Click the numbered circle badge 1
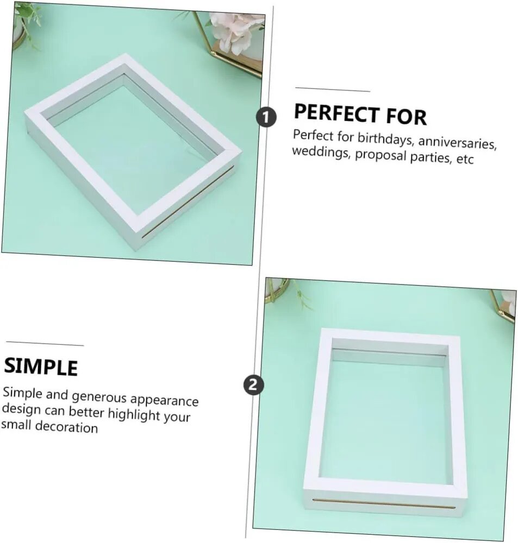(x=266, y=117)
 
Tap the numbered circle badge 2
(x=253, y=385)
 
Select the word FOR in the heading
(x=406, y=116)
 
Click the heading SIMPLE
(x=41, y=367)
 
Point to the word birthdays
(x=385, y=138)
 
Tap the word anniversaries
(x=457, y=142)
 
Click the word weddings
(x=320, y=152)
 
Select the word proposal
(x=380, y=155)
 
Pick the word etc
(x=465, y=159)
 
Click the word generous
(x=99, y=397)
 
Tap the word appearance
(x=164, y=400)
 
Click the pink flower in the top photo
(x=236, y=31)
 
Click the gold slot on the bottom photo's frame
(x=384, y=503)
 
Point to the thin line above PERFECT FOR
(x=333, y=90)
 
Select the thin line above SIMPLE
(x=45, y=343)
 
